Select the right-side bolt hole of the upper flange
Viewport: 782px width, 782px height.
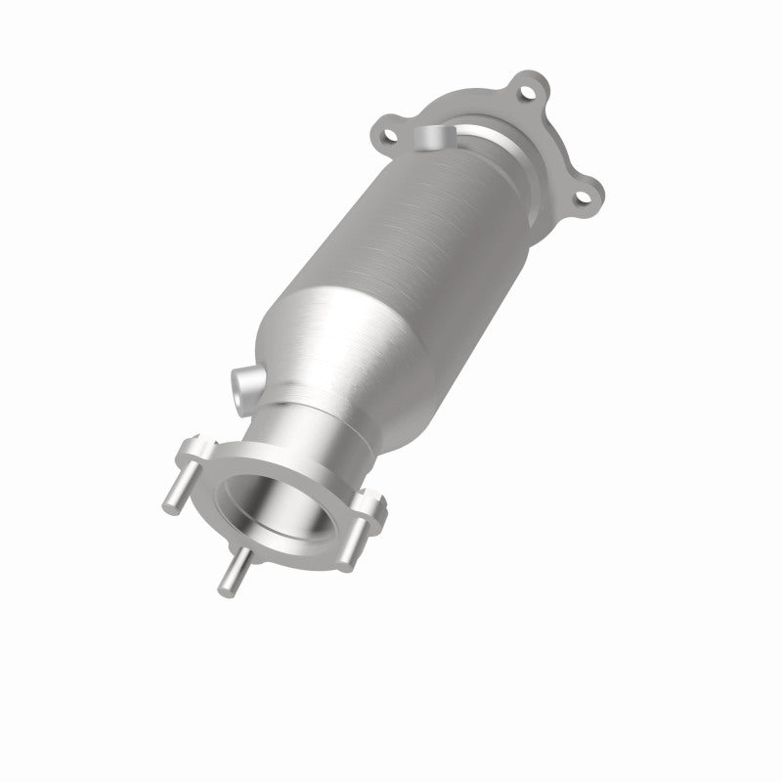click(x=584, y=199)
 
